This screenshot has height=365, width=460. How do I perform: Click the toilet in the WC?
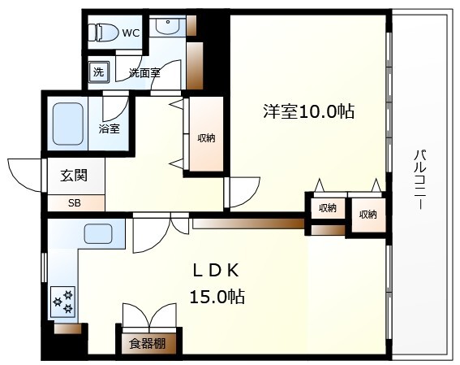tap(103, 33)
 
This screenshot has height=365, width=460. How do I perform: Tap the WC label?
tap(131, 33)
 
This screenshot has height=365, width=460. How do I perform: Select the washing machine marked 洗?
tap(99, 72)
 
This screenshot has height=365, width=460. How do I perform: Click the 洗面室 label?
tap(144, 73)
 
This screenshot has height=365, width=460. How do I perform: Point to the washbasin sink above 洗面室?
tap(167, 25)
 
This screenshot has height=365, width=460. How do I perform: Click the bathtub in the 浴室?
tap(68, 124)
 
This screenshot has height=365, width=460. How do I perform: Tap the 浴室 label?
tap(109, 128)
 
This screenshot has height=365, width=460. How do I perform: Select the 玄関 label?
tap(74, 176)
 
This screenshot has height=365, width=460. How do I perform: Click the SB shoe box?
tap(75, 202)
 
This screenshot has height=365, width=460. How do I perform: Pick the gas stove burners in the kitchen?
tap(62, 302)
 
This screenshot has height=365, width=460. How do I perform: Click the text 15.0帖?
tap(217, 297)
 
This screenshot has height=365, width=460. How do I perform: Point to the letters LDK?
tap(216, 271)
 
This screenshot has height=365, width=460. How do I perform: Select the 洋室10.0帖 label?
tap(308, 111)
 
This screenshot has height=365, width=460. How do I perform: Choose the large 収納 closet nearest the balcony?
tap(368, 215)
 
